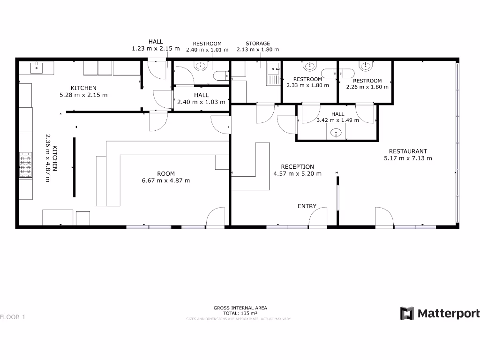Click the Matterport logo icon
tap(407, 314)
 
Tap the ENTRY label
tap(307, 206)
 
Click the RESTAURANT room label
tap(408, 151)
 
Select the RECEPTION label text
tap(297, 167)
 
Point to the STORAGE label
tap(258, 44)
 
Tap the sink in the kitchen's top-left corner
tap(37, 68)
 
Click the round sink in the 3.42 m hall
tap(336, 133)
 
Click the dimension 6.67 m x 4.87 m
tap(165, 180)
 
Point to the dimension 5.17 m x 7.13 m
tap(408, 158)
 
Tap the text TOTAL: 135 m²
tap(240, 313)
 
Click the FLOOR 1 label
tap(13, 317)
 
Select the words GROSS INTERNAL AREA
tap(240, 308)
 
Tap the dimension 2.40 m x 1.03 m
tap(201, 102)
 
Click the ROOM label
tap(165, 173)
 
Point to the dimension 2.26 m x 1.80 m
tap(367, 87)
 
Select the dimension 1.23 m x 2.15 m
tap(156, 48)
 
